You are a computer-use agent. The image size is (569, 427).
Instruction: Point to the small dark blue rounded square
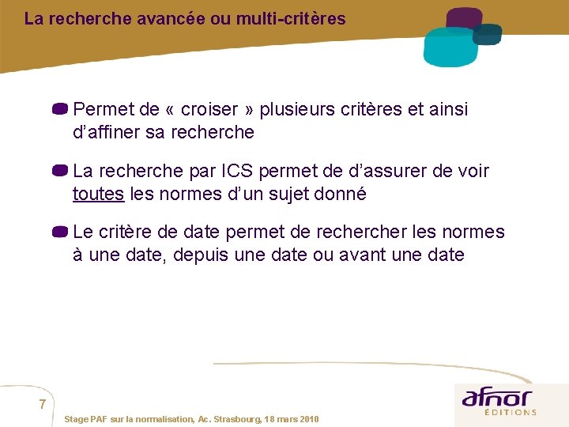click(488, 33)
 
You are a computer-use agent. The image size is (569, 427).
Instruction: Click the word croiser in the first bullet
click(211, 109)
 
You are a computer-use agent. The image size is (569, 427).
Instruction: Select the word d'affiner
click(106, 132)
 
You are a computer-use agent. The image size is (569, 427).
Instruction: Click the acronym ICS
click(238, 171)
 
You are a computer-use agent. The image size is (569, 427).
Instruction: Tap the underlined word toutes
click(98, 194)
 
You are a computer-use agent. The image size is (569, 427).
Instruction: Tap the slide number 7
click(43, 405)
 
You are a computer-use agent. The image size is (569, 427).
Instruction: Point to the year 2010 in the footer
click(308, 418)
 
